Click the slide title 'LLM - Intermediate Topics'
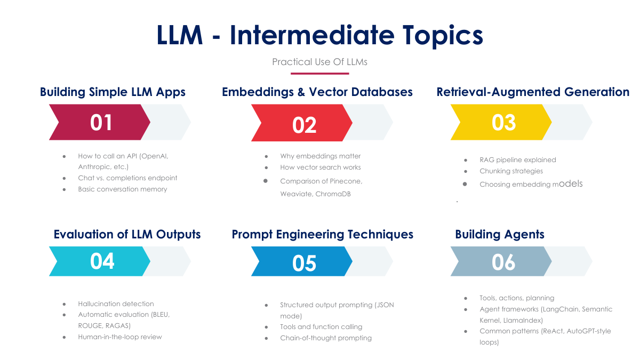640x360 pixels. [319, 35]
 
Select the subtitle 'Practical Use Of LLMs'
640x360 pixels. [319, 62]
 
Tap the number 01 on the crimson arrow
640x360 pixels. [101, 123]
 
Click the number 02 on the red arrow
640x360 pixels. [305, 125]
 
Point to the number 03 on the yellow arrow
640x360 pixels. [504, 123]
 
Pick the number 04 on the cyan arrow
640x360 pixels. [102, 261]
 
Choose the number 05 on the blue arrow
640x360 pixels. [305, 263]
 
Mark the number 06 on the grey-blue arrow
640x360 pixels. [504, 262]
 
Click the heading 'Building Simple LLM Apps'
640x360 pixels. [113, 92]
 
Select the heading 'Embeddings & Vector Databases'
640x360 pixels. [317, 92]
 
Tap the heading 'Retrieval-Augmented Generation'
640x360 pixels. [533, 92]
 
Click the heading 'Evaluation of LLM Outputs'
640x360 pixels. [127, 234]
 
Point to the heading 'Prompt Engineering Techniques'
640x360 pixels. [322, 234]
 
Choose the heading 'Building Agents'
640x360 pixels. [500, 234]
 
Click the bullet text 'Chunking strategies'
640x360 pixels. [511, 171]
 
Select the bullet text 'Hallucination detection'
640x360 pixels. [116, 303]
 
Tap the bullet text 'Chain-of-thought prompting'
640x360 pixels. [326, 338]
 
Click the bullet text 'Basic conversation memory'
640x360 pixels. [122, 189]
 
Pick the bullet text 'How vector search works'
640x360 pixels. [321, 167]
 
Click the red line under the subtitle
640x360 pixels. [319, 74]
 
